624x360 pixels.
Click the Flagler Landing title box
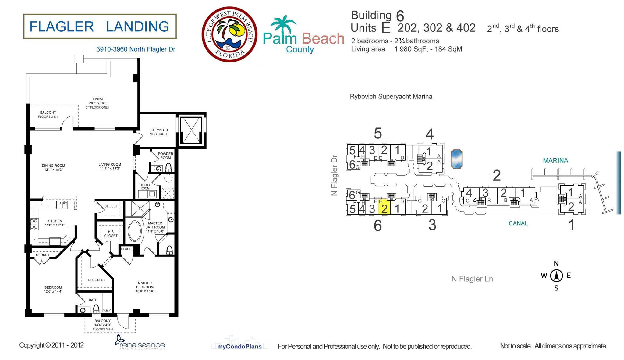coord(100,26)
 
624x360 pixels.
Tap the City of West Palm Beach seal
coord(229,34)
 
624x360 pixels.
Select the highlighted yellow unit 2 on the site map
coord(384,207)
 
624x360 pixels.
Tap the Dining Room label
coord(53,167)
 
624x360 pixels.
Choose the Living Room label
coord(110,166)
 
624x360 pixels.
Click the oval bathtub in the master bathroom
coord(134,231)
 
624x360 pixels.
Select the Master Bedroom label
coord(145,287)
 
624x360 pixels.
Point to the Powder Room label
coord(165,155)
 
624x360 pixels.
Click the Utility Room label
coord(145,187)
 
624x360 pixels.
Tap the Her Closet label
coord(96,280)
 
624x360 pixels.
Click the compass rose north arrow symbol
coord(556,276)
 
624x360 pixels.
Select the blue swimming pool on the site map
coord(456,159)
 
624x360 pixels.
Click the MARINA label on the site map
coord(555,161)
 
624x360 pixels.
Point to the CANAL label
coord(518,223)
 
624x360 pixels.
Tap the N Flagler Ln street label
coord(472,279)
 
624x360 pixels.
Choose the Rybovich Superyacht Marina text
coord(391,97)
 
